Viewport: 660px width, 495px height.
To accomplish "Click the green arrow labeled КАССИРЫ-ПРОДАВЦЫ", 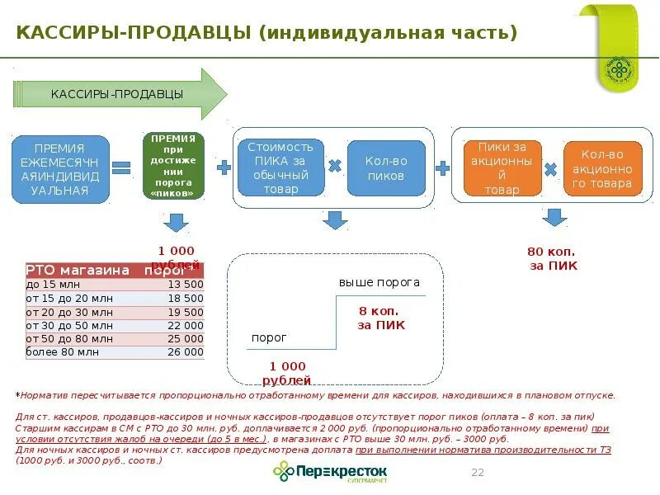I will pyautogui.click(x=120, y=94).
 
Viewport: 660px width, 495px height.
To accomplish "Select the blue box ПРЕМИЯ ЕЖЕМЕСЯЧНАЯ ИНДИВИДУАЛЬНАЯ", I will pyautogui.click(x=60, y=169).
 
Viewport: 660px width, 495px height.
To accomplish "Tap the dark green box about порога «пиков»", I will pyautogui.click(x=173, y=166).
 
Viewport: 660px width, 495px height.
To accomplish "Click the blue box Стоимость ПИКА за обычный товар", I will pyautogui.click(x=280, y=167).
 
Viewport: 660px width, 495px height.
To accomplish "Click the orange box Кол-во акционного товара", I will pyautogui.click(x=602, y=167).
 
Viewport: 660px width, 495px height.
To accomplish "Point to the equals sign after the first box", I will pyautogui.click(x=122, y=167).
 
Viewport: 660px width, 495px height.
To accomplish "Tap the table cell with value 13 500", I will pyautogui.click(x=185, y=284).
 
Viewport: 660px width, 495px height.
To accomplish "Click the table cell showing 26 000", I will pyautogui.click(x=185, y=351).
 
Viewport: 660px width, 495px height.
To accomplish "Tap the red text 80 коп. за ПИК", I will pyautogui.click(x=552, y=258).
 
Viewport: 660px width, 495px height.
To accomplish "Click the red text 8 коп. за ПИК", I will pyautogui.click(x=381, y=318).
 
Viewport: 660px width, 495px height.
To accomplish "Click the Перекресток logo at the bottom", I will pyautogui.click(x=330, y=472).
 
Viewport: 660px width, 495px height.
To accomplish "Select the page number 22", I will pyautogui.click(x=477, y=472).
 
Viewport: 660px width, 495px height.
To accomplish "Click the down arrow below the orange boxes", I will pyautogui.click(x=555, y=218).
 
